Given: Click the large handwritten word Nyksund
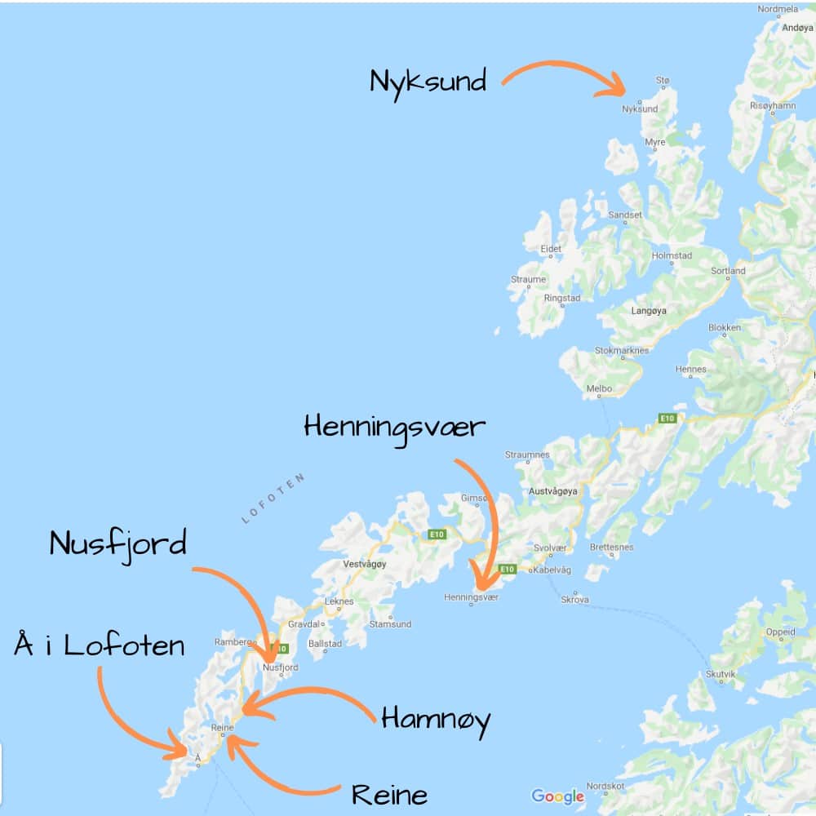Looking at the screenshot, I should click(x=428, y=82).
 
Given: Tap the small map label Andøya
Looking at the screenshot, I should click(x=797, y=27).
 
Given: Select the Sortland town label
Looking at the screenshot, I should click(x=728, y=271).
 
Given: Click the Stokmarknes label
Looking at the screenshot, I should click(x=622, y=351).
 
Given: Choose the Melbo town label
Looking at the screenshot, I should click(x=599, y=389).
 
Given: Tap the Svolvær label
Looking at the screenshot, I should click(x=549, y=548).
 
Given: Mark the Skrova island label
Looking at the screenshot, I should click(x=574, y=600).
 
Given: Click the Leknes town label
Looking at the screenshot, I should click(x=339, y=601).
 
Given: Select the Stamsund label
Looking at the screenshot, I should click(x=391, y=624).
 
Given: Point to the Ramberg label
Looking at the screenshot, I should click(x=231, y=641).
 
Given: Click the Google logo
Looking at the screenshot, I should click(x=557, y=796).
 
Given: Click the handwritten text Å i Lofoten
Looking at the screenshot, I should click(x=100, y=646).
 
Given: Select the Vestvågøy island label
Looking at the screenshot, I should click(x=365, y=564).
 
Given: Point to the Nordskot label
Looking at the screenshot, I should click(x=605, y=787).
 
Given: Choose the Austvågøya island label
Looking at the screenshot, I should click(x=553, y=492).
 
